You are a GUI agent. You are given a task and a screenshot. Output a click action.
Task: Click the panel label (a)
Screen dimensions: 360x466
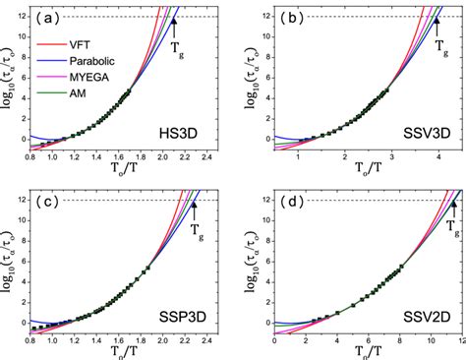[x=52, y=17]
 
